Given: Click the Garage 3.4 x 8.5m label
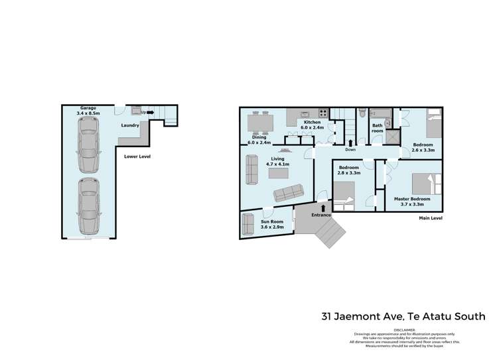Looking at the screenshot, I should (90, 111).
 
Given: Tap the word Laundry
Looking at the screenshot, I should (130, 125).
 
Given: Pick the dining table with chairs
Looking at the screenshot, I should (259, 123).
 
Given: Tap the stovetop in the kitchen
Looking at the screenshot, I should (323, 113).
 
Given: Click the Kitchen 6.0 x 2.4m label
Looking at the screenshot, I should (313, 125).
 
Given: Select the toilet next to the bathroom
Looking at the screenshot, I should (362, 114).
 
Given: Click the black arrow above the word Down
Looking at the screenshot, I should (350, 142).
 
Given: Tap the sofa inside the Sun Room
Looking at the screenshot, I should (248, 225).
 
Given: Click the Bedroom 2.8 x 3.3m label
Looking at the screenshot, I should (349, 171).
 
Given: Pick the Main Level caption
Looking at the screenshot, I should (430, 217).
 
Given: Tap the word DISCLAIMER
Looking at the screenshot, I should (404, 329).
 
